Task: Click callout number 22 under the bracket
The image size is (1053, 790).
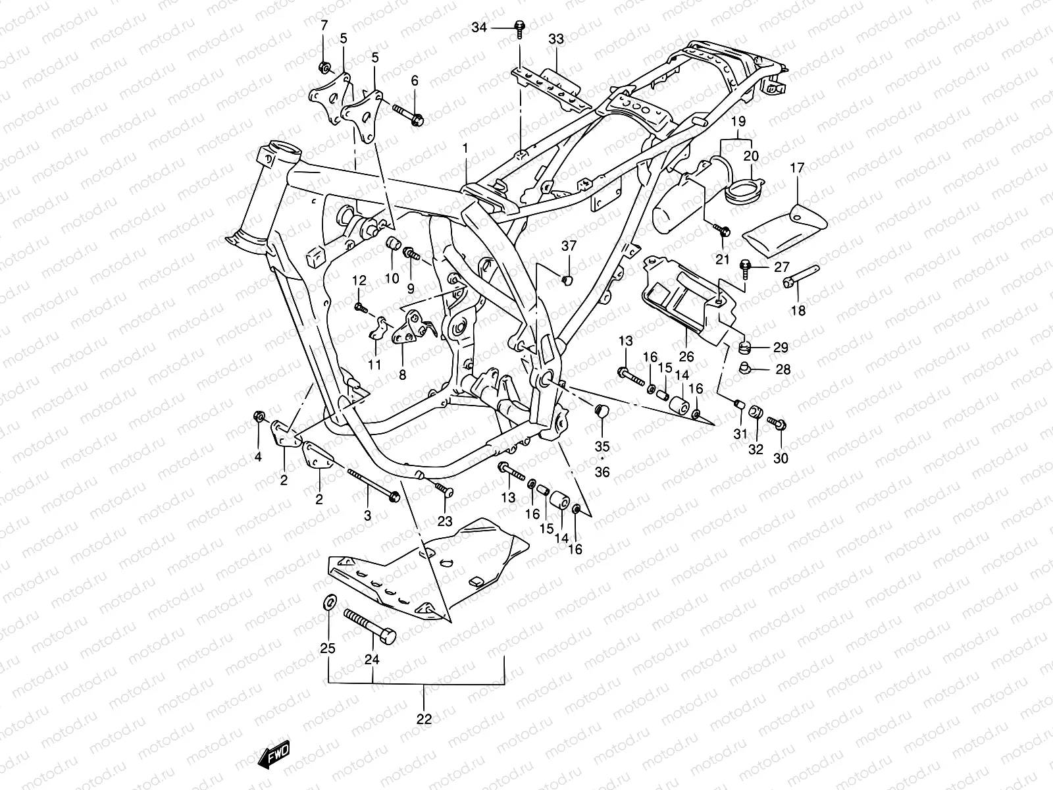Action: (424, 719)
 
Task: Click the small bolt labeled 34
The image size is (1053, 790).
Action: (520, 28)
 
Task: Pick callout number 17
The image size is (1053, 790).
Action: (797, 169)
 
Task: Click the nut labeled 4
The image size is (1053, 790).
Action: (259, 417)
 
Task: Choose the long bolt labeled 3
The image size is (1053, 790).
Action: (372, 484)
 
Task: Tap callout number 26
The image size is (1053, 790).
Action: (686, 357)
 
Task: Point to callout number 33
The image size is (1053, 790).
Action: (556, 39)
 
